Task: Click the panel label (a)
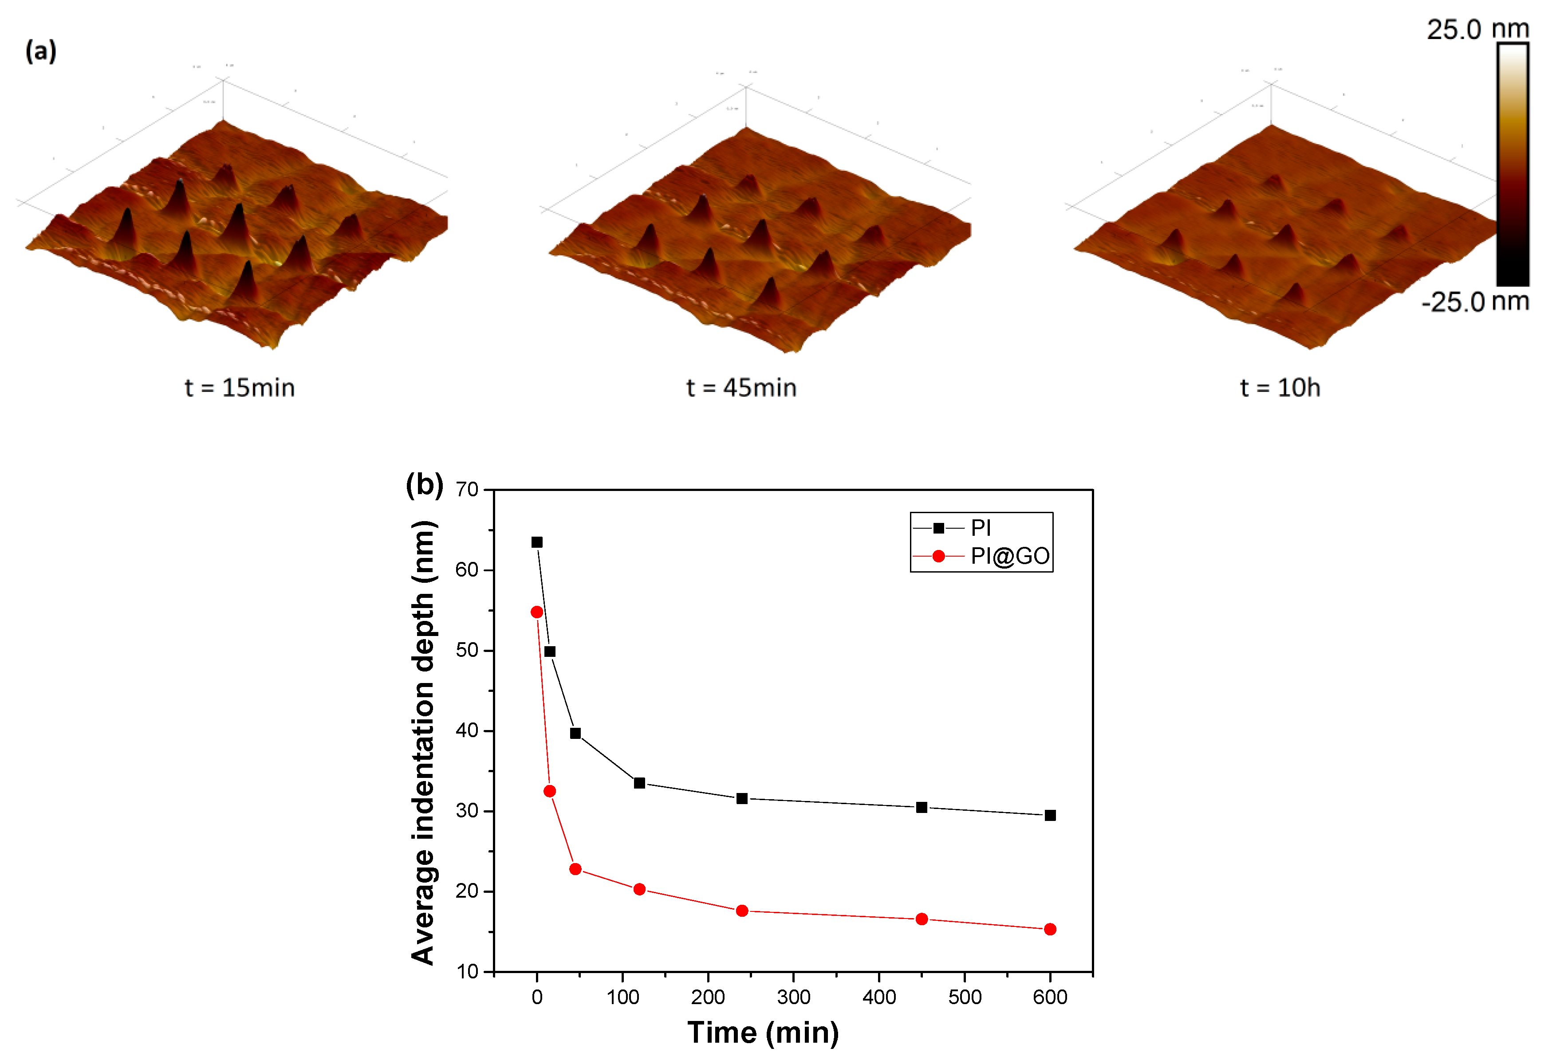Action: (x=40, y=51)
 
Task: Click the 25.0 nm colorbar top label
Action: (x=1477, y=30)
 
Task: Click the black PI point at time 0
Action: (x=537, y=542)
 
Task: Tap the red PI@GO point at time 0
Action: (x=537, y=612)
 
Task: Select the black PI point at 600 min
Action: (x=1050, y=816)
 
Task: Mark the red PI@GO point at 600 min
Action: (x=1050, y=929)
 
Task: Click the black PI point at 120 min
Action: (x=639, y=783)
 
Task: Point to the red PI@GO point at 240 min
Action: (x=742, y=911)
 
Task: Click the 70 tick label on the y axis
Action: (x=467, y=490)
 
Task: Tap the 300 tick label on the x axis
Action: (x=793, y=997)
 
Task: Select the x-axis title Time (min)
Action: (x=763, y=1033)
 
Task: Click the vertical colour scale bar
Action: (x=1513, y=164)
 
